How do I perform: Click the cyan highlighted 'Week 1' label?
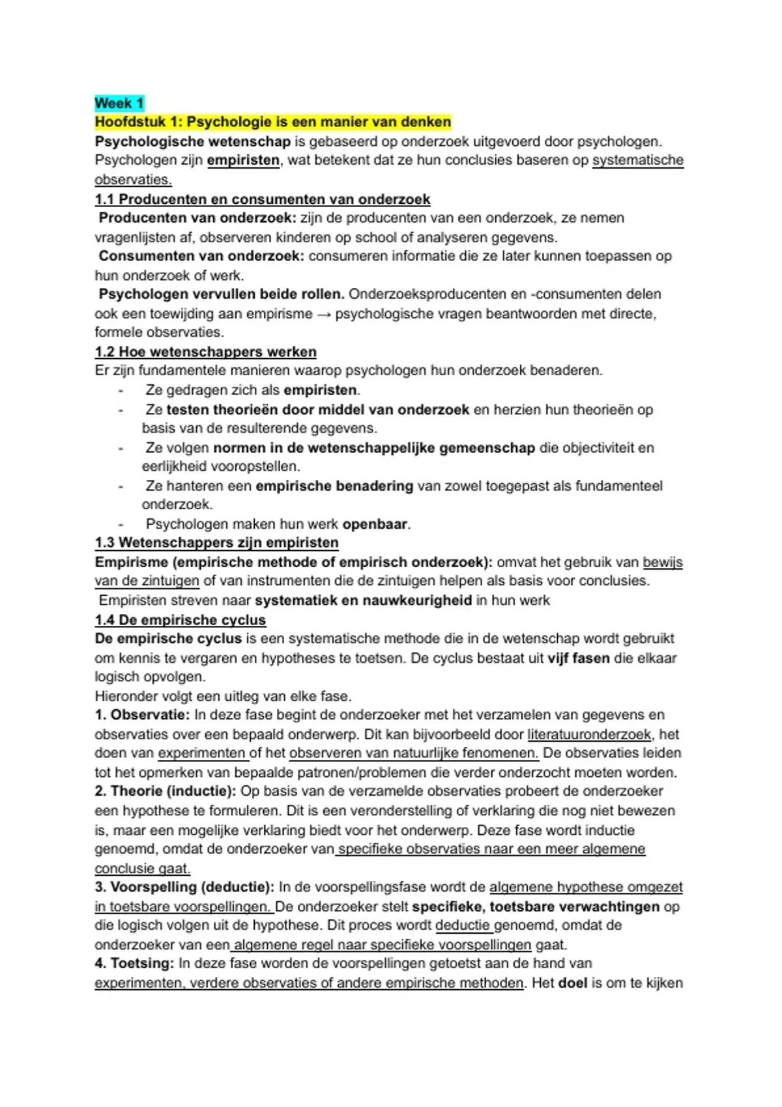(x=119, y=103)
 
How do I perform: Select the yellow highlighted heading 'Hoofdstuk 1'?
(x=272, y=122)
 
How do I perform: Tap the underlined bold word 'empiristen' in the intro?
(x=243, y=160)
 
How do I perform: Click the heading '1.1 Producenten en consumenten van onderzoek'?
(x=262, y=199)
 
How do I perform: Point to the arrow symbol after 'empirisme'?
(x=324, y=314)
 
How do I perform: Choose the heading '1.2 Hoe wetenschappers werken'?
(x=205, y=352)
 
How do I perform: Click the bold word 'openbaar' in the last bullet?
(x=375, y=524)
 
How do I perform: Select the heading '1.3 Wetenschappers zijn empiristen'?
(x=216, y=542)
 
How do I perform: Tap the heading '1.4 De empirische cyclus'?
(x=180, y=620)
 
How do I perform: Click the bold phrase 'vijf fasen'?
(x=579, y=658)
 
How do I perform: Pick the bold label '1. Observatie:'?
(x=142, y=715)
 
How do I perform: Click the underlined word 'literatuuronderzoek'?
(x=589, y=735)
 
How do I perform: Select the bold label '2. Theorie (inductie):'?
(x=166, y=791)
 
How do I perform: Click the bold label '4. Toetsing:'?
(x=134, y=963)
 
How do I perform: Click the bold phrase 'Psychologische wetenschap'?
(x=192, y=141)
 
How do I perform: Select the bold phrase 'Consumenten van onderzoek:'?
(x=201, y=256)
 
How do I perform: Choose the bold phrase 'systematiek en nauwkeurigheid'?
(x=363, y=600)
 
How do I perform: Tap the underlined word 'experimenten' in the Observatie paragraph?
(x=201, y=753)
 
